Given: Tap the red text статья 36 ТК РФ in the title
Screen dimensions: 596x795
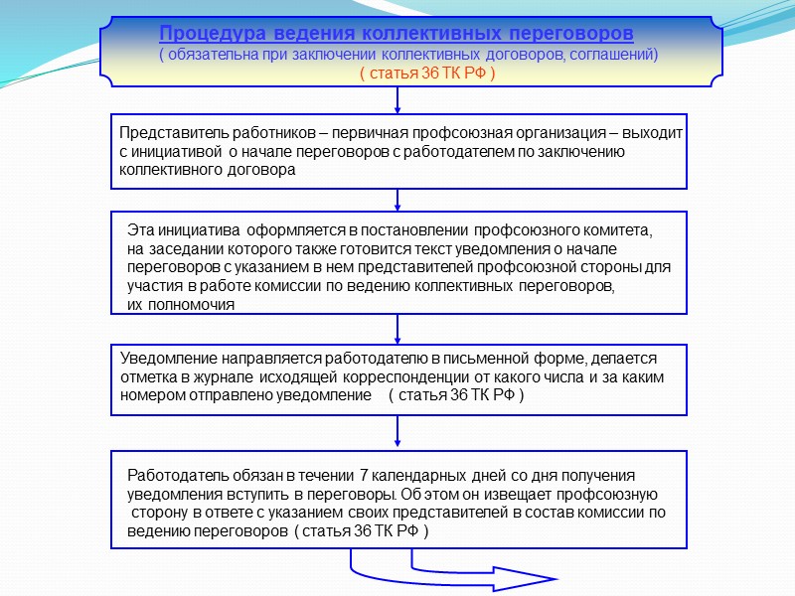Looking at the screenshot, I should pyautogui.click(x=427, y=74).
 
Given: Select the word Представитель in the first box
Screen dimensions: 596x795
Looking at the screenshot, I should pyautogui.click(x=168, y=133).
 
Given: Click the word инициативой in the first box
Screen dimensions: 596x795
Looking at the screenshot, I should pyautogui.click(x=178, y=152).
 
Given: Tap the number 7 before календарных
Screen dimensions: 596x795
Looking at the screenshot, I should pyautogui.click(x=364, y=475).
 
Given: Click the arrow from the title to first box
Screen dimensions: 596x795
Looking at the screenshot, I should pyautogui.click(x=397, y=100).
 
